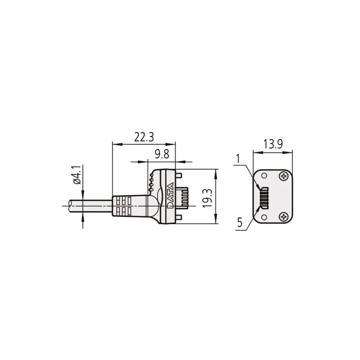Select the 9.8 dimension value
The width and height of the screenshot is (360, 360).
pyautogui.click(x=161, y=154)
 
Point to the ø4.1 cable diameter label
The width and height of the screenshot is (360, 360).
pyautogui.click(x=76, y=175)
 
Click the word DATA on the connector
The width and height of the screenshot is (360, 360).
pyautogui.click(x=170, y=196)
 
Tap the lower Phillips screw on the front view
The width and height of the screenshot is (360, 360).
pyautogui.click(x=283, y=217)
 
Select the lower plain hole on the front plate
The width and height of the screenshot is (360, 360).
pyautogui.click(x=264, y=217)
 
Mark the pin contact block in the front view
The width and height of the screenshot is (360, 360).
pyautogui.click(x=264, y=197)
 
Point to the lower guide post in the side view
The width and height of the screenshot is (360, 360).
pyautogui.click(x=179, y=219)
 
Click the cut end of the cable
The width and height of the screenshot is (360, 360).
pyautogui.click(x=69, y=206)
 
